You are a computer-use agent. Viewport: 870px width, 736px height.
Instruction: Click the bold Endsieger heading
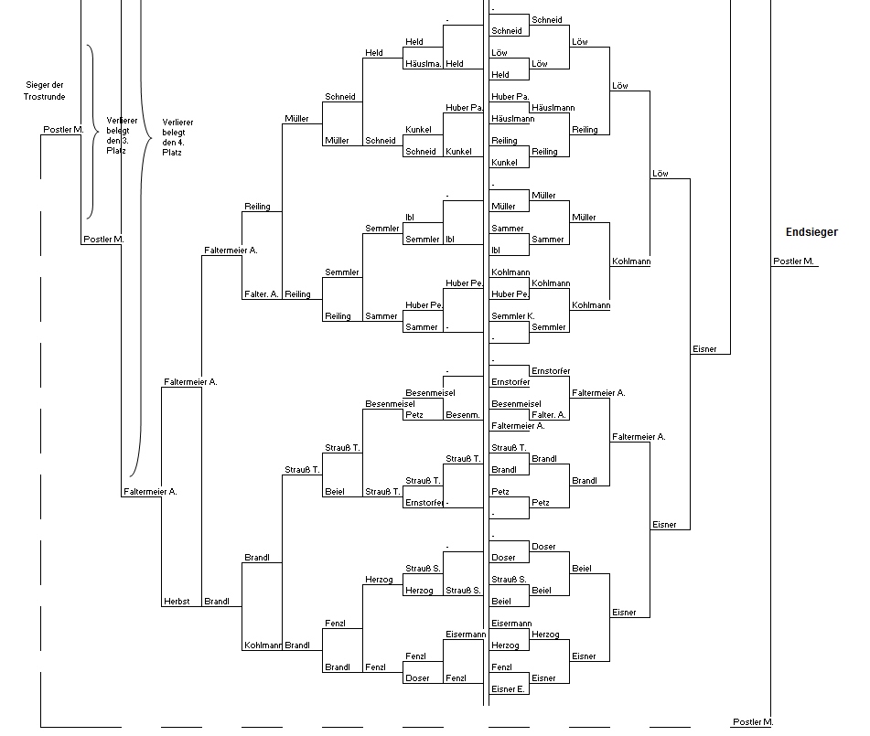(x=811, y=232)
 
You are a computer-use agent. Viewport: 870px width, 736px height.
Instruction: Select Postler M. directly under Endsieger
(x=793, y=261)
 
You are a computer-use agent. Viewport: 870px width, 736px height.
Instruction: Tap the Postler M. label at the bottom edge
(x=753, y=721)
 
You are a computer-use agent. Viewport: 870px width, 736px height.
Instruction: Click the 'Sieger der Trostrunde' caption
(x=45, y=91)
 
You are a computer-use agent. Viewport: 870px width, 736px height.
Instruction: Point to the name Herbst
(x=177, y=602)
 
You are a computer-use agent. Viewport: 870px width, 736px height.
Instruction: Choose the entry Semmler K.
(x=512, y=316)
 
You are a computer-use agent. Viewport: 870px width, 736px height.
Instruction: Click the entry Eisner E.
(x=508, y=688)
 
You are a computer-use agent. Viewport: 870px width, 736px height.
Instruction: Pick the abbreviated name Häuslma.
(x=424, y=64)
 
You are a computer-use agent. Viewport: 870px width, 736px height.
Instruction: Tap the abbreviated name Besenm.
(x=463, y=415)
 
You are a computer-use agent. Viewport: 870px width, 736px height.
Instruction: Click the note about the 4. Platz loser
(x=177, y=137)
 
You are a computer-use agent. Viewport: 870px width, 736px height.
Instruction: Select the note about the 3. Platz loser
(x=122, y=135)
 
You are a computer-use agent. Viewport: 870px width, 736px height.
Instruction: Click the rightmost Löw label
(x=661, y=173)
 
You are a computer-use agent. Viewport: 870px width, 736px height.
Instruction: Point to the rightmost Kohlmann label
(x=631, y=261)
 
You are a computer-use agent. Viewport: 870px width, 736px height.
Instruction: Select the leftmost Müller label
(x=296, y=118)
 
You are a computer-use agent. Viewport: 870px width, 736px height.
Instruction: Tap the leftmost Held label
(x=374, y=53)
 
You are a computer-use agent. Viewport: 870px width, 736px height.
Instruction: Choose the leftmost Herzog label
(x=379, y=579)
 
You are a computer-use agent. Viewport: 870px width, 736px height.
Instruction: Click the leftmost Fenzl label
(x=335, y=624)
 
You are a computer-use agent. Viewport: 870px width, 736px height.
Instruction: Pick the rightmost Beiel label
(x=582, y=569)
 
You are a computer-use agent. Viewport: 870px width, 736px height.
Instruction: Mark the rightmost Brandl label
(x=585, y=480)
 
